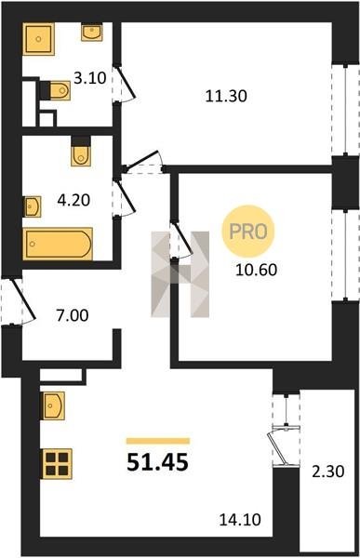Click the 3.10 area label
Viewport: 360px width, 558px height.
pyautogui.click(x=90, y=77)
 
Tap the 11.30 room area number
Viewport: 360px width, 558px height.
pyautogui.click(x=226, y=96)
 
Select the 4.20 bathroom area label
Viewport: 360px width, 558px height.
pyautogui.click(x=73, y=200)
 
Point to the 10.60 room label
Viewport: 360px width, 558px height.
pyautogui.click(x=257, y=270)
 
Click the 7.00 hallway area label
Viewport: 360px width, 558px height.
pyautogui.click(x=73, y=315)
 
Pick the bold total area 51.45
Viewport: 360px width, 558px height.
pyautogui.click(x=157, y=462)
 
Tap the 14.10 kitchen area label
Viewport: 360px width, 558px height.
pyautogui.click(x=240, y=520)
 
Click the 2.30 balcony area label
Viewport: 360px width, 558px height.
pyautogui.click(x=328, y=472)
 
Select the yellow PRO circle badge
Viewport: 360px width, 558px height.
pyautogui.click(x=248, y=232)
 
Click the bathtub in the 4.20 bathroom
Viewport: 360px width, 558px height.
pyautogui.click(x=58, y=244)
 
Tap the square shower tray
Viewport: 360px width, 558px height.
pyautogui.click(x=39, y=39)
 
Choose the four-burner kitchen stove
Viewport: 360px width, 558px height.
pyautogui.click(x=57, y=464)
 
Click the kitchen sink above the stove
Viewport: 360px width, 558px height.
pyautogui.click(x=53, y=405)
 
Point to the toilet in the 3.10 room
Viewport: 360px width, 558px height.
pyautogui.click(x=60, y=90)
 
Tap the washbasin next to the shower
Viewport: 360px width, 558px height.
pyautogui.click(x=92, y=33)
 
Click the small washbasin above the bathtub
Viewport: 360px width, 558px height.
pyautogui.click(x=33, y=206)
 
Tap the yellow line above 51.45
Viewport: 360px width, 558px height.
pyautogui.click(x=158, y=441)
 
